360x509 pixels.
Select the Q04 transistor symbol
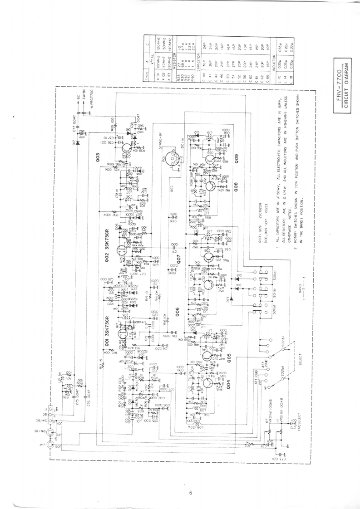[x=207, y=382]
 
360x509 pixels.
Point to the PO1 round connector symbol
[x=167, y=162]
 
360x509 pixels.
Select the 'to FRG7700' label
[x=92, y=97]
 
